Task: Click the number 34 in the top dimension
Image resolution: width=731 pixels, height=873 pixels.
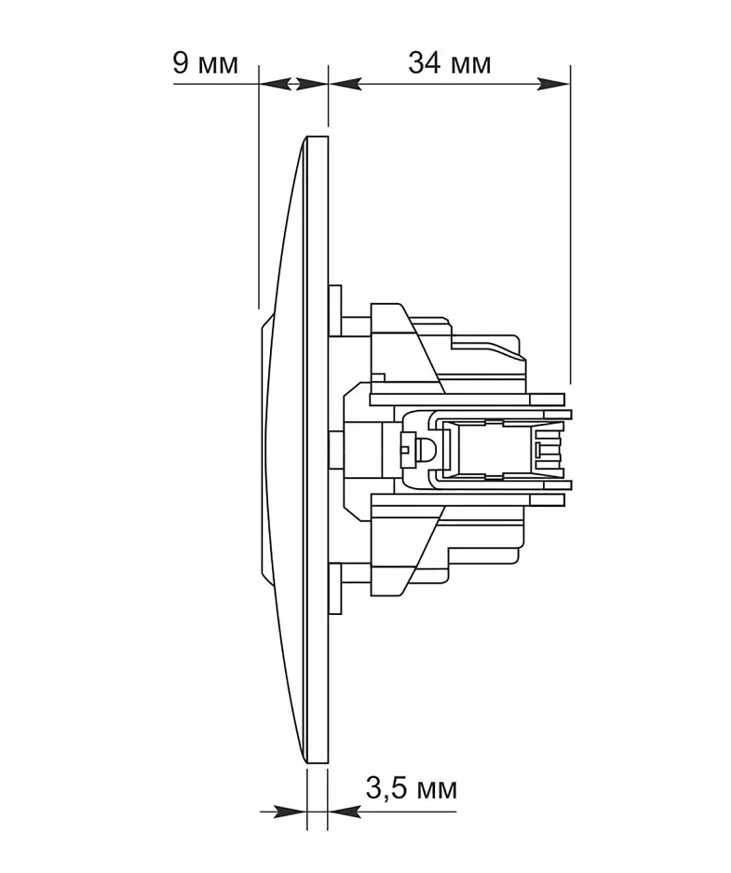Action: tap(426, 63)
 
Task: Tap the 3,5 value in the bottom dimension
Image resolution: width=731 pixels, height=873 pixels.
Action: tap(385, 788)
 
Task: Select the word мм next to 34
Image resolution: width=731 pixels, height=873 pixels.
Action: tap(470, 66)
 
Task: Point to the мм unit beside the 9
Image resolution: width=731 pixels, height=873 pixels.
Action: tap(218, 66)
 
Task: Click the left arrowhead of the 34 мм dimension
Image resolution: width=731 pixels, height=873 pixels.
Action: tap(345, 84)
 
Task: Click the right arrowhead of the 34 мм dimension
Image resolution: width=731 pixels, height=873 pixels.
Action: tap(553, 84)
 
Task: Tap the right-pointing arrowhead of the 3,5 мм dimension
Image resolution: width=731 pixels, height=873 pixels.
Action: tap(291, 812)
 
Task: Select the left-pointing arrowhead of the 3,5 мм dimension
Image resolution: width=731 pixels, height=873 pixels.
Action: tap(345, 812)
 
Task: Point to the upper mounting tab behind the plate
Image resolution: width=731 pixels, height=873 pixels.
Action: tap(335, 310)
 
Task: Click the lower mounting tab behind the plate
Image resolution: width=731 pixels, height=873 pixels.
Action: tap(335, 589)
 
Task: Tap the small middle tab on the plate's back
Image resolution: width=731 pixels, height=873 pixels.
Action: tap(335, 449)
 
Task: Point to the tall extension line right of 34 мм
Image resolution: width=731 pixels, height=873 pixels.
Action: tap(570, 225)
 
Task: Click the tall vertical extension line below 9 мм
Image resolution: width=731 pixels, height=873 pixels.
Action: tap(259, 187)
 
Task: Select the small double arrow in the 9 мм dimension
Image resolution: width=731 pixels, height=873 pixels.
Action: tap(293, 84)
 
